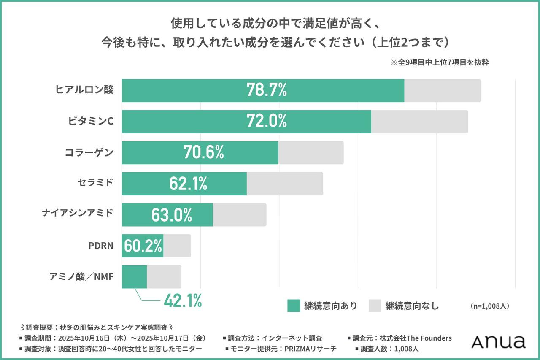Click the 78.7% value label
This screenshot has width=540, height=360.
coord(267,90)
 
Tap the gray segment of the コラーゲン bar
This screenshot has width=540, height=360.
coord(311,153)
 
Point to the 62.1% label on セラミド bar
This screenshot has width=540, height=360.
coord(188,184)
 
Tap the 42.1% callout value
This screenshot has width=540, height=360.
coord(182,301)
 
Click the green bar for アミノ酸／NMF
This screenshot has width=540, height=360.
coord(134,277)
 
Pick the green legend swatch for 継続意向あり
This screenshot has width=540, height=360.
coord(294,306)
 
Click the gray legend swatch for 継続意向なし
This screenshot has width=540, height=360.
coord(375,306)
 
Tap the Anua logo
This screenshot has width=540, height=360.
coord(498,342)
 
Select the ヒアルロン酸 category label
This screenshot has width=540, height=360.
coord(85,89)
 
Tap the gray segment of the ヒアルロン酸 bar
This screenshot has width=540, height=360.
coord(442,90)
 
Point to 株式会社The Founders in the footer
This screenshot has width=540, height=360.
coord(415,338)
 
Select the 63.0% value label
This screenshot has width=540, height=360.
coord(172,215)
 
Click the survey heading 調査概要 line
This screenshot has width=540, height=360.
coord(97,327)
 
